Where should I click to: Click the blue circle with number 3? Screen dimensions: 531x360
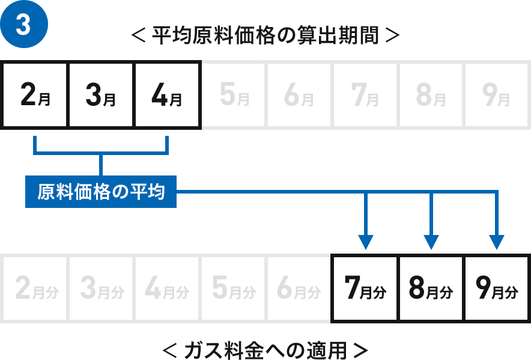23,24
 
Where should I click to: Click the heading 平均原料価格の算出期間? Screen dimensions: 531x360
265,35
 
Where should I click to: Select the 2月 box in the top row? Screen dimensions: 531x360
35,95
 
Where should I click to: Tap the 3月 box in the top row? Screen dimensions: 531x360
101,95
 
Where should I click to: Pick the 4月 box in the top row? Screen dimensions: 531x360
168,95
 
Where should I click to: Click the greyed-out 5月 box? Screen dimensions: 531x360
234,95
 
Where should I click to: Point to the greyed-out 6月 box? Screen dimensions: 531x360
299,95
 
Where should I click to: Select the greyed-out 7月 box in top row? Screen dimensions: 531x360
365,95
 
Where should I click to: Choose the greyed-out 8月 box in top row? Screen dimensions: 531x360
431,95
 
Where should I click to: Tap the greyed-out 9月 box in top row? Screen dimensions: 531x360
496,95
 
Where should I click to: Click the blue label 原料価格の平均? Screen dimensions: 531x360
101,192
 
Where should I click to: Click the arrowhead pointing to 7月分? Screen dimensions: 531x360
365,242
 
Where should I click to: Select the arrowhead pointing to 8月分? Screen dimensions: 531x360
431,242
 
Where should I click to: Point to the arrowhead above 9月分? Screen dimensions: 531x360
497,242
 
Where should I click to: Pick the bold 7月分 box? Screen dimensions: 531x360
365,288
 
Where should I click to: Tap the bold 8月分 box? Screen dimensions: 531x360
431,288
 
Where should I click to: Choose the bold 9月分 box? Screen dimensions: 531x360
497,288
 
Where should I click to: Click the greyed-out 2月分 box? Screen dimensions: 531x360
35,288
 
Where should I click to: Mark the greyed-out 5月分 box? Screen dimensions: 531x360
234,288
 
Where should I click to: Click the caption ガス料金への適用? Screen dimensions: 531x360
265,350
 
